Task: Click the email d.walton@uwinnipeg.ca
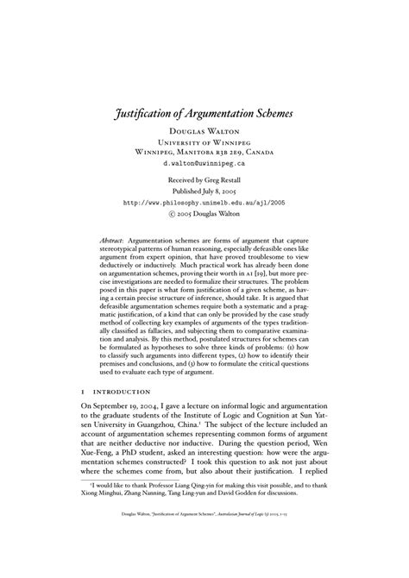(204, 161)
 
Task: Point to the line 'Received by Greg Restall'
(204, 179)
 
